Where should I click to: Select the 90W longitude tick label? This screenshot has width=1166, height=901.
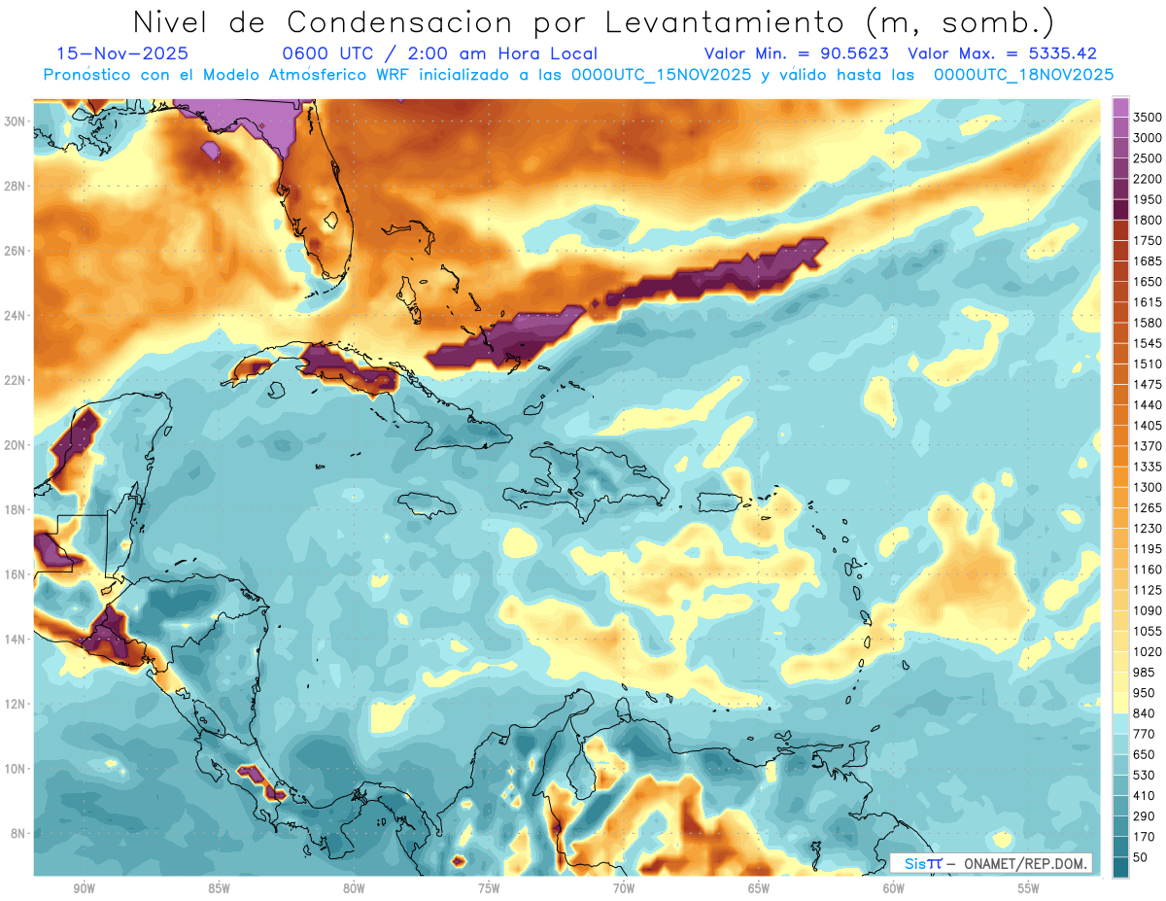[84, 888]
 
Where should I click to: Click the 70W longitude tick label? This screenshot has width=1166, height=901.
[624, 888]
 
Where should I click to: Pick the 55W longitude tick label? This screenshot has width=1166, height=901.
[1029, 888]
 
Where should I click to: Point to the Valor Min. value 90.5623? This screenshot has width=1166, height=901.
[851, 54]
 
